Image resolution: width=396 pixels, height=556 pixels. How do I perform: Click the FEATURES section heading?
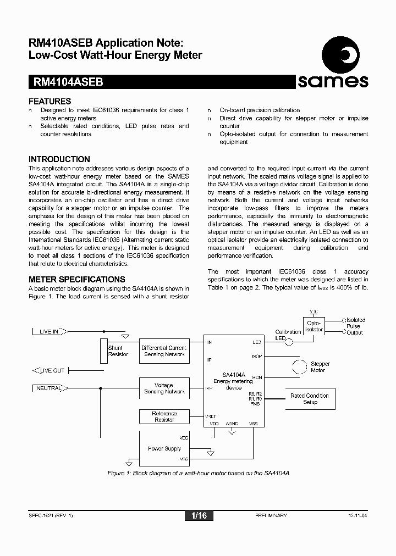[x=50, y=101]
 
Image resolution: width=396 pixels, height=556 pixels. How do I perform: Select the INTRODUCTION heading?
[x=59, y=159]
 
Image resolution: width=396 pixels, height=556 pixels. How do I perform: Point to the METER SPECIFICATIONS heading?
[x=77, y=279]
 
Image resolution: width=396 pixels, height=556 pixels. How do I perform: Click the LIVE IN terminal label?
[x=50, y=331]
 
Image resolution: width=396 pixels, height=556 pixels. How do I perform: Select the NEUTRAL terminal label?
[x=50, y=388]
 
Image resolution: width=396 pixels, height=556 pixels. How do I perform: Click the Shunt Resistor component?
[x=104, y=351]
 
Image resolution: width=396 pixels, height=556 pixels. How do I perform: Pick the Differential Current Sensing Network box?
[x=163, y=351]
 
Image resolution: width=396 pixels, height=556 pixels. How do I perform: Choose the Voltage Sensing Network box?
[x=163, y=388]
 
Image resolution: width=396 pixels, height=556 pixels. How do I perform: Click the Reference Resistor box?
[x=164, y=416]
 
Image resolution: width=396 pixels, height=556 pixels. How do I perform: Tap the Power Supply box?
[x=164, y=448]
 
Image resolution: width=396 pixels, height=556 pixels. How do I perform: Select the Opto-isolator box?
[x=314, y=326]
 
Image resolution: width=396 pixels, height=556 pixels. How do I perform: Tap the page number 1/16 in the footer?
[x=199, y=516]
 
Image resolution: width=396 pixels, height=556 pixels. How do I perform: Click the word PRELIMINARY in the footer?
[x=271, y=516]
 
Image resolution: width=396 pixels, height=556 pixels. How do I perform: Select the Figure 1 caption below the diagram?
[x=198, y=473]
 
